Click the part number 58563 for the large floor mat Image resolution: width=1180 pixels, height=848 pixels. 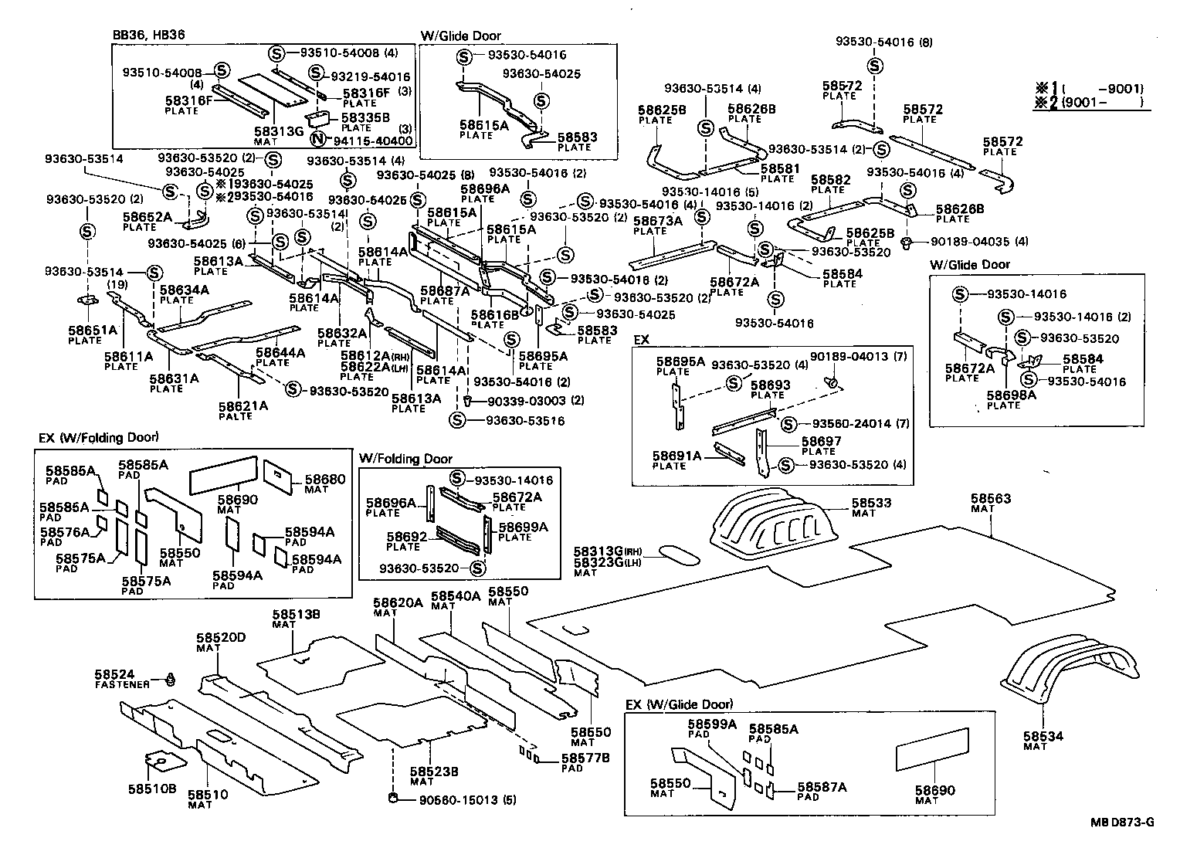(x=991, y=500)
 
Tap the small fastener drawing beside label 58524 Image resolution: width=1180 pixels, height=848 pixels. (x=171, y=680)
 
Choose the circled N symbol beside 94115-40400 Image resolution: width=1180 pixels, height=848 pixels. (x=317, y=140)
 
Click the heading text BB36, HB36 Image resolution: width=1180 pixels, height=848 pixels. (x=149, y=35)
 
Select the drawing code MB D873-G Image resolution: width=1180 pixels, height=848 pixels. (x=1122, y=822)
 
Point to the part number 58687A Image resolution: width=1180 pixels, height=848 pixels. (x=445, y=291)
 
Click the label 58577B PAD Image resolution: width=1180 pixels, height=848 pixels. (x=585, y=762)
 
